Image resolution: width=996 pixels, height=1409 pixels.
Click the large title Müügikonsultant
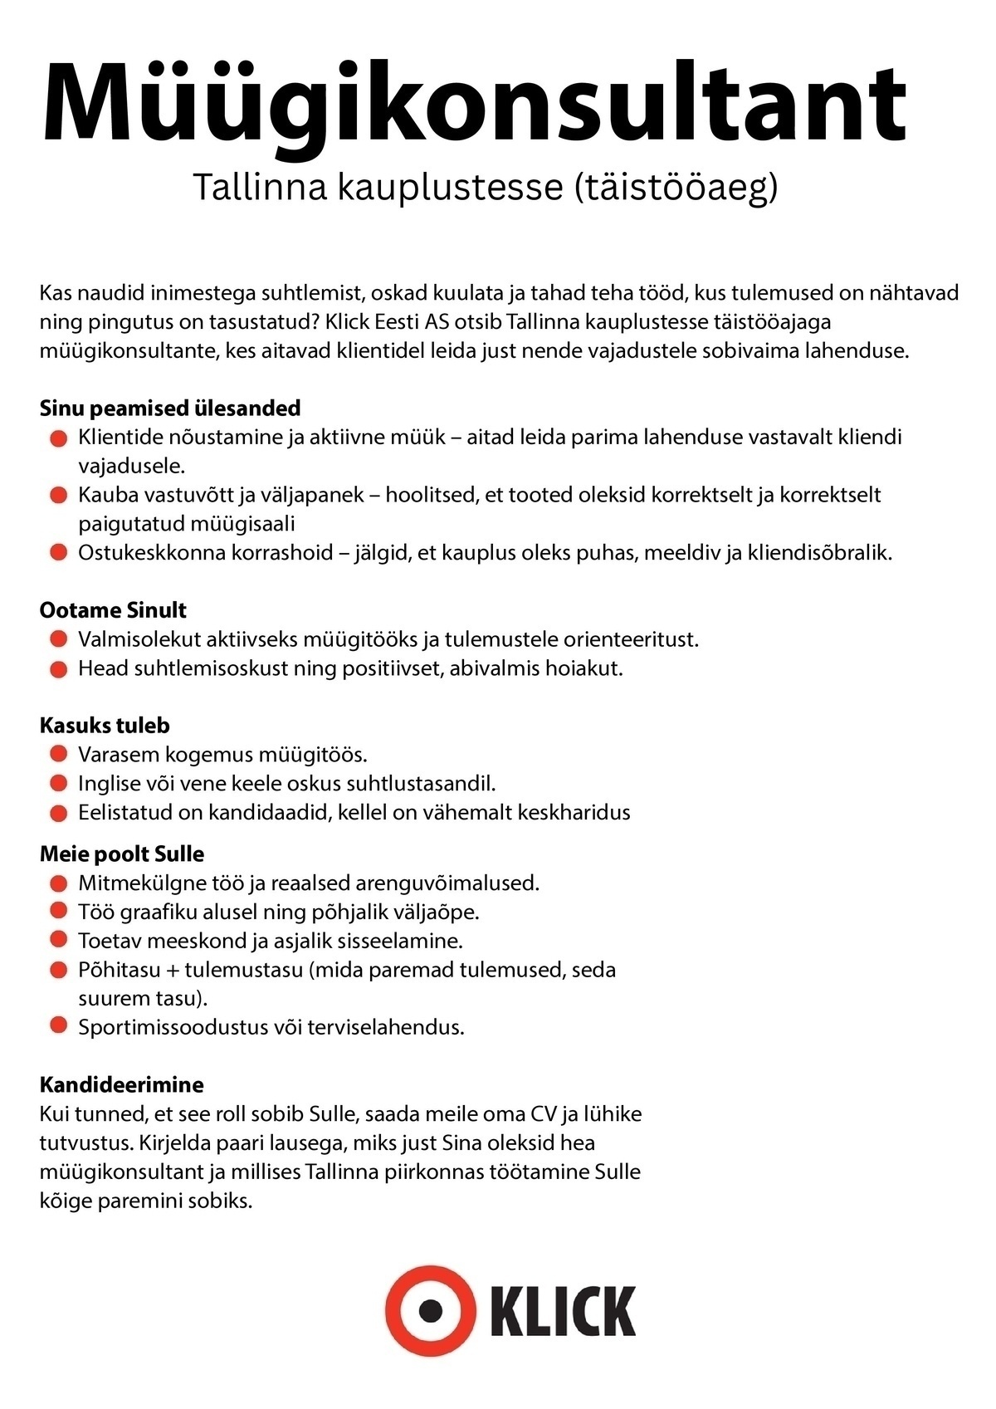pos(474,103)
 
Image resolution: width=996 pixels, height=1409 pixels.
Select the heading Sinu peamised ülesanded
pos(170,408)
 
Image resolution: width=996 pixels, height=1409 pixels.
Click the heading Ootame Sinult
pos(113,610)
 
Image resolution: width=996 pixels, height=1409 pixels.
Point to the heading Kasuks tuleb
pos(105,726)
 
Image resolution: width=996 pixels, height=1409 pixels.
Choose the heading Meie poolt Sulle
pos(122,854)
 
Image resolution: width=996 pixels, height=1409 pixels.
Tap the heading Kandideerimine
pos(122,1084)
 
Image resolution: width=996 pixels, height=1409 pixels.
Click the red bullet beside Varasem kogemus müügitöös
pos(58,755)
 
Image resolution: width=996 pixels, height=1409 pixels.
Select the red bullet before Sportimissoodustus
pos(58,1026)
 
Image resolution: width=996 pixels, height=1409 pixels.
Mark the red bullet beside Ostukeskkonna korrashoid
pos(58,552)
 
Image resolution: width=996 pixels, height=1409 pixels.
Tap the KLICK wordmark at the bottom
pos(563,1312)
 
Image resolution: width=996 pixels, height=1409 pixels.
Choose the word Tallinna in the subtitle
pos(261,187)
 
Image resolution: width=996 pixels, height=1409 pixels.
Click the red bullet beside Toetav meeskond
pos(58,940)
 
